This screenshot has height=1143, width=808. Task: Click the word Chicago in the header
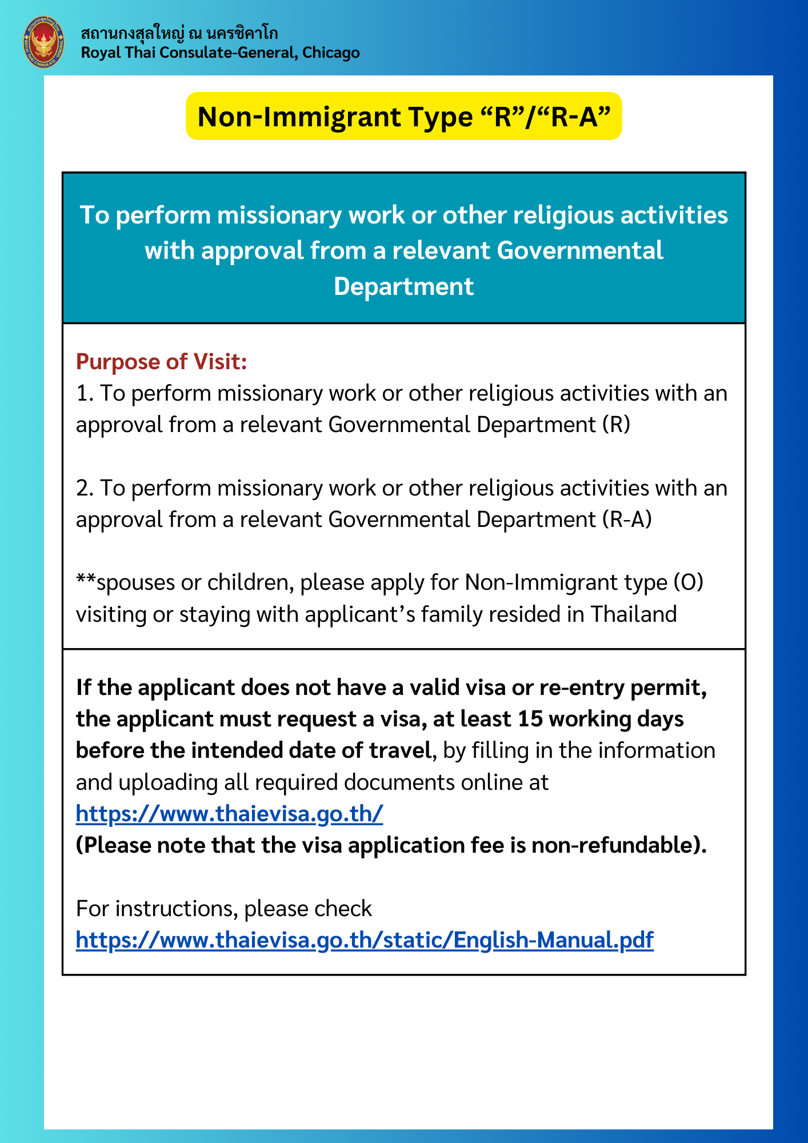click(331, 53)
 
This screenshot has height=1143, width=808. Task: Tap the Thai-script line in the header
click(179, 33)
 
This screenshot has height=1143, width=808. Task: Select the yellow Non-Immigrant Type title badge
click(403, 117)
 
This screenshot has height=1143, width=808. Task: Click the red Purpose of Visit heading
click(161, 362)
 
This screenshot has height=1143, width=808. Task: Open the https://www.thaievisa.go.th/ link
click(229, 813)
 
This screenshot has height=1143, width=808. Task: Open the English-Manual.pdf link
click(365, 940)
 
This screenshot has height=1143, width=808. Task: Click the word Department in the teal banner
click(403, 286)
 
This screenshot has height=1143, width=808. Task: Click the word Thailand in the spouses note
click(634, 614)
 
